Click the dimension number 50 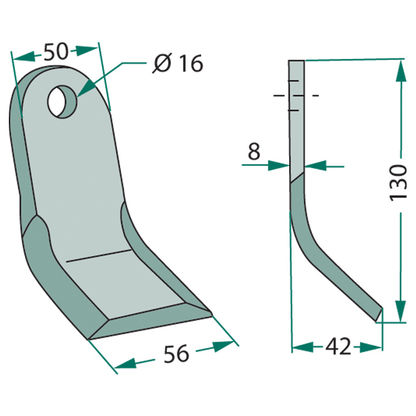pyautogui.click(x=56, y=53)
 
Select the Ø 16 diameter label pyautogui.click(x=177, y=64)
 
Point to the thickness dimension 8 pyautogui.click(x=253, y=151)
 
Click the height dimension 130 pyautogui.click(x=399, y=183)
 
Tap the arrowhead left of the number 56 pyautogui.click(x=125, y=365)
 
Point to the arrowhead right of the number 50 pyautogui.click(x=86, y=50)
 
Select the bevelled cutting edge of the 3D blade pyautogui.click(x=151, y=326)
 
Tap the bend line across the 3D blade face pyautogui.click(x=98, y=255)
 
